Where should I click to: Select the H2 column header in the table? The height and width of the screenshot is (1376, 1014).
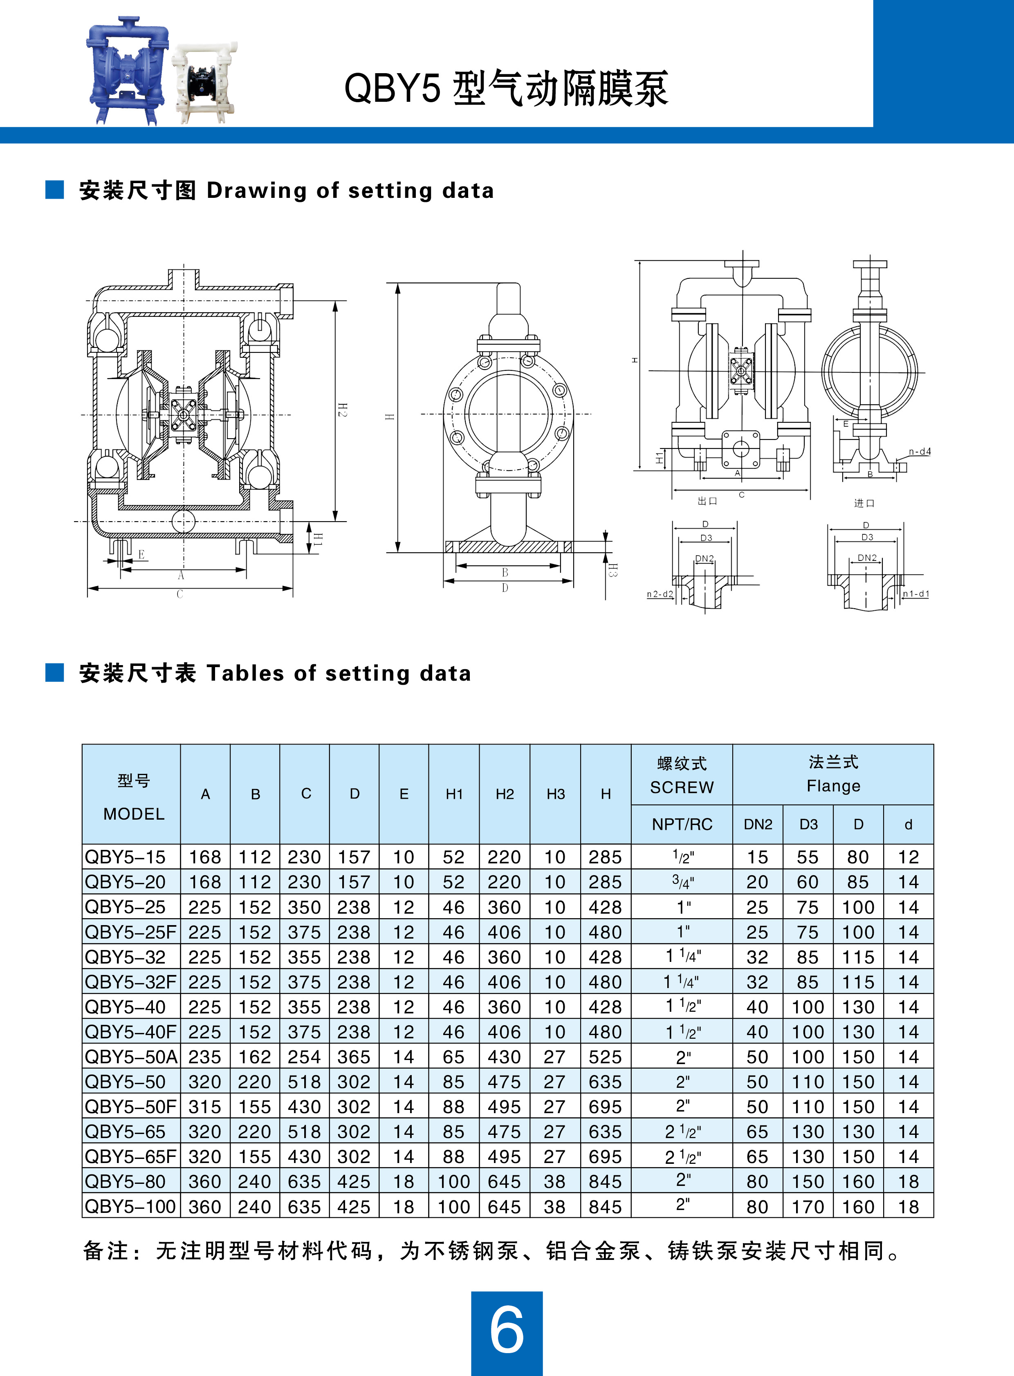[x=505, y=794]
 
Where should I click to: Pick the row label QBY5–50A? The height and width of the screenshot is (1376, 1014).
[x=131, y=1057]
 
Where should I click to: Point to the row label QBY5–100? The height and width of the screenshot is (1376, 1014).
[x=131, y=1207]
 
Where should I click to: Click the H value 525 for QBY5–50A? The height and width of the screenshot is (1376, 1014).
[x=605, y=1057]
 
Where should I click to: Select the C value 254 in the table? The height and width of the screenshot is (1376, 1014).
[x=305, y=1057]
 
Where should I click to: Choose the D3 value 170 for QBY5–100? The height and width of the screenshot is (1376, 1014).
[x=808, y=1207]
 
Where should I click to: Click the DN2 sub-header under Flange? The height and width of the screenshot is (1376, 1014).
[x=758, y=824]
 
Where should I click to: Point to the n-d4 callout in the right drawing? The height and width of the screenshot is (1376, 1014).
[x=920, y=452]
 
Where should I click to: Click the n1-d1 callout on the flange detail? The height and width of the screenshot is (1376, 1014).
[x=916, y=594]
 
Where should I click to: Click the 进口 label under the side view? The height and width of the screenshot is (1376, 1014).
[x=864, y=503]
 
